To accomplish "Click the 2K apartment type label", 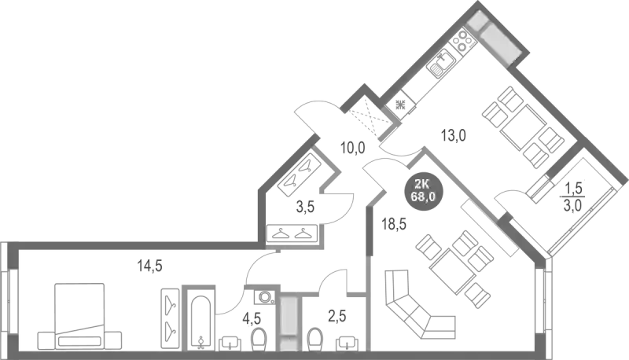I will coord(422,183).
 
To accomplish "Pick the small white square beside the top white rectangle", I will coord(477,21).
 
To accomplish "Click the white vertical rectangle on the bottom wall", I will coord(290,322).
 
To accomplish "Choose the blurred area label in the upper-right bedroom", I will coord(455,136).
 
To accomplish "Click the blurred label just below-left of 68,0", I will coord(392,223).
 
